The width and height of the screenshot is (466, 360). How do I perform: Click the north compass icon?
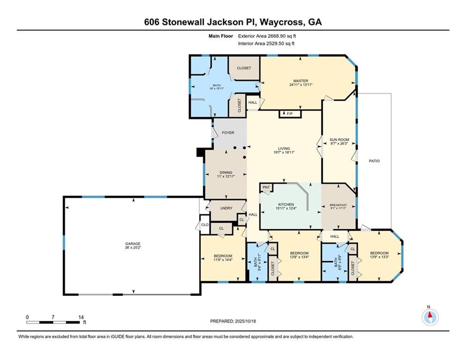click(x=429, y=317)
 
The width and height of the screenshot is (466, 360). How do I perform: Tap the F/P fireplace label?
click(x=289, y=113)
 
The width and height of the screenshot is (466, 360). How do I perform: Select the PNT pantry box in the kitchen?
click(x=266, y=187)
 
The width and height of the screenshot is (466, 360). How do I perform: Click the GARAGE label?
click(x=132, y=244)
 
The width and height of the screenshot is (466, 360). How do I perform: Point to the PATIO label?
click(x=374, y=161)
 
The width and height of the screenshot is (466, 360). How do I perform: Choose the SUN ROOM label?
click(x=340, y=139)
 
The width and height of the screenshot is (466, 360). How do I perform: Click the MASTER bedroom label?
click(x=300, y=81)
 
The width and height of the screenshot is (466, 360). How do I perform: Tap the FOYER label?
click(x=228, y=133)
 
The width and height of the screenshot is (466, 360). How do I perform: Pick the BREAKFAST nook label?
click(x=338, y=204)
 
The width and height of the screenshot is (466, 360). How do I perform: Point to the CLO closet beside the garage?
click(x=205, y=225)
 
